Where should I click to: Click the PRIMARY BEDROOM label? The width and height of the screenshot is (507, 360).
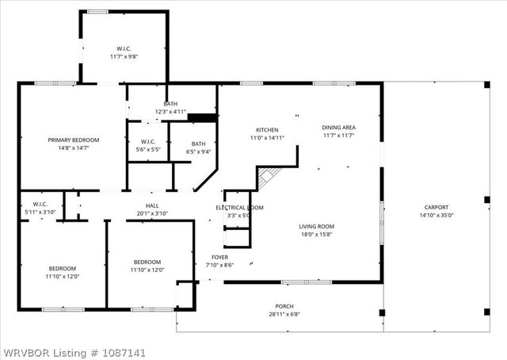[74, 140]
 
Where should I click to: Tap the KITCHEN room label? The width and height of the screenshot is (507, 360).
[267, 130]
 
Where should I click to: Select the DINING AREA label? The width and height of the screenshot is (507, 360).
[338, 128]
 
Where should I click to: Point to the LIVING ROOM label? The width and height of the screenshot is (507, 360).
[315, 226]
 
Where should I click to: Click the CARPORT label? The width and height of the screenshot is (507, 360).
[436, 207]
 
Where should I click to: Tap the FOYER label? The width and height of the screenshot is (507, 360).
[219, 257]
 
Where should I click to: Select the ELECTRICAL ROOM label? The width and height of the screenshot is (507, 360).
[239, 208]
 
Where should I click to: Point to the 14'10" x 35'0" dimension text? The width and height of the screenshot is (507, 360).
[436, 215]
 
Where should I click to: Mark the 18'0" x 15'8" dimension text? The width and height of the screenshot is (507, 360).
[315, 234]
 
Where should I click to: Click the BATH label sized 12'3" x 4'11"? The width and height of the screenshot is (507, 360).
[170, 104]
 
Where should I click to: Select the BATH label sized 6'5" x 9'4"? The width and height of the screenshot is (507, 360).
[198, 144]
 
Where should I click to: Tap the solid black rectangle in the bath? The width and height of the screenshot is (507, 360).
[202, 118]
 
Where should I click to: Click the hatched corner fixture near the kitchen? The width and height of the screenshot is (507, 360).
[269, 177]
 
